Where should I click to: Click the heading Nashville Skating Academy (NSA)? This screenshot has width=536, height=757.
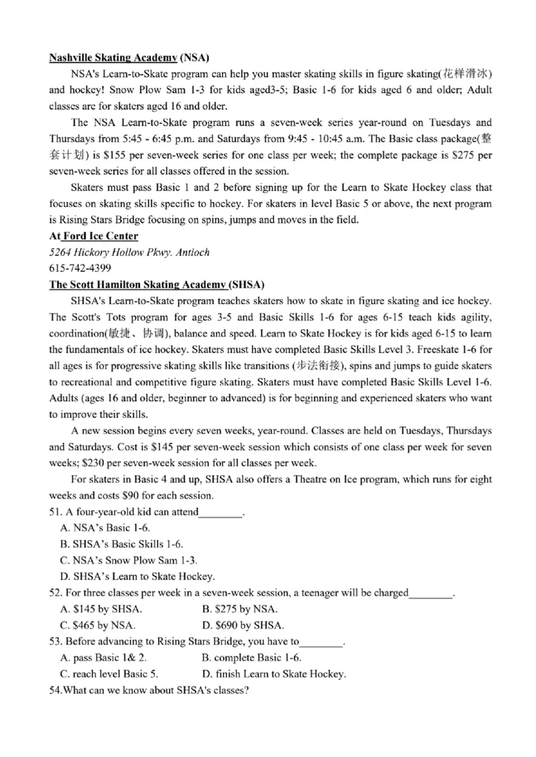pos(130,58)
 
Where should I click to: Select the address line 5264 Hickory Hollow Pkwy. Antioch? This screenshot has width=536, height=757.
pos(129,253)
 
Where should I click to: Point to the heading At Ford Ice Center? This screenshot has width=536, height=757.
pos(94,236)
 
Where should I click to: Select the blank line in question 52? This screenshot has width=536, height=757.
pos(431,594)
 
